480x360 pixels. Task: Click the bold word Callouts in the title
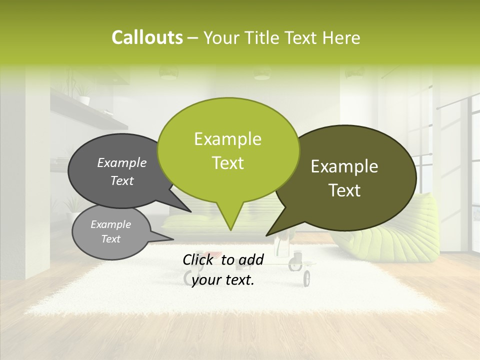pos(147,37)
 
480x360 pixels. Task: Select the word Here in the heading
pos(341,38)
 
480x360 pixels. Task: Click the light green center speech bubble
pos(228,120)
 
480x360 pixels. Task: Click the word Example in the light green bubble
pos(227,139)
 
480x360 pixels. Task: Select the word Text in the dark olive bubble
pos(344,190)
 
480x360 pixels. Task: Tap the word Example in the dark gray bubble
pos(122,163)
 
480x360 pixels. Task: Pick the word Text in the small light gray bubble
pos(111,239)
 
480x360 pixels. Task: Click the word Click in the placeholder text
pos(199,259)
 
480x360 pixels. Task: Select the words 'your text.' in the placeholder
pos(223,280)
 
